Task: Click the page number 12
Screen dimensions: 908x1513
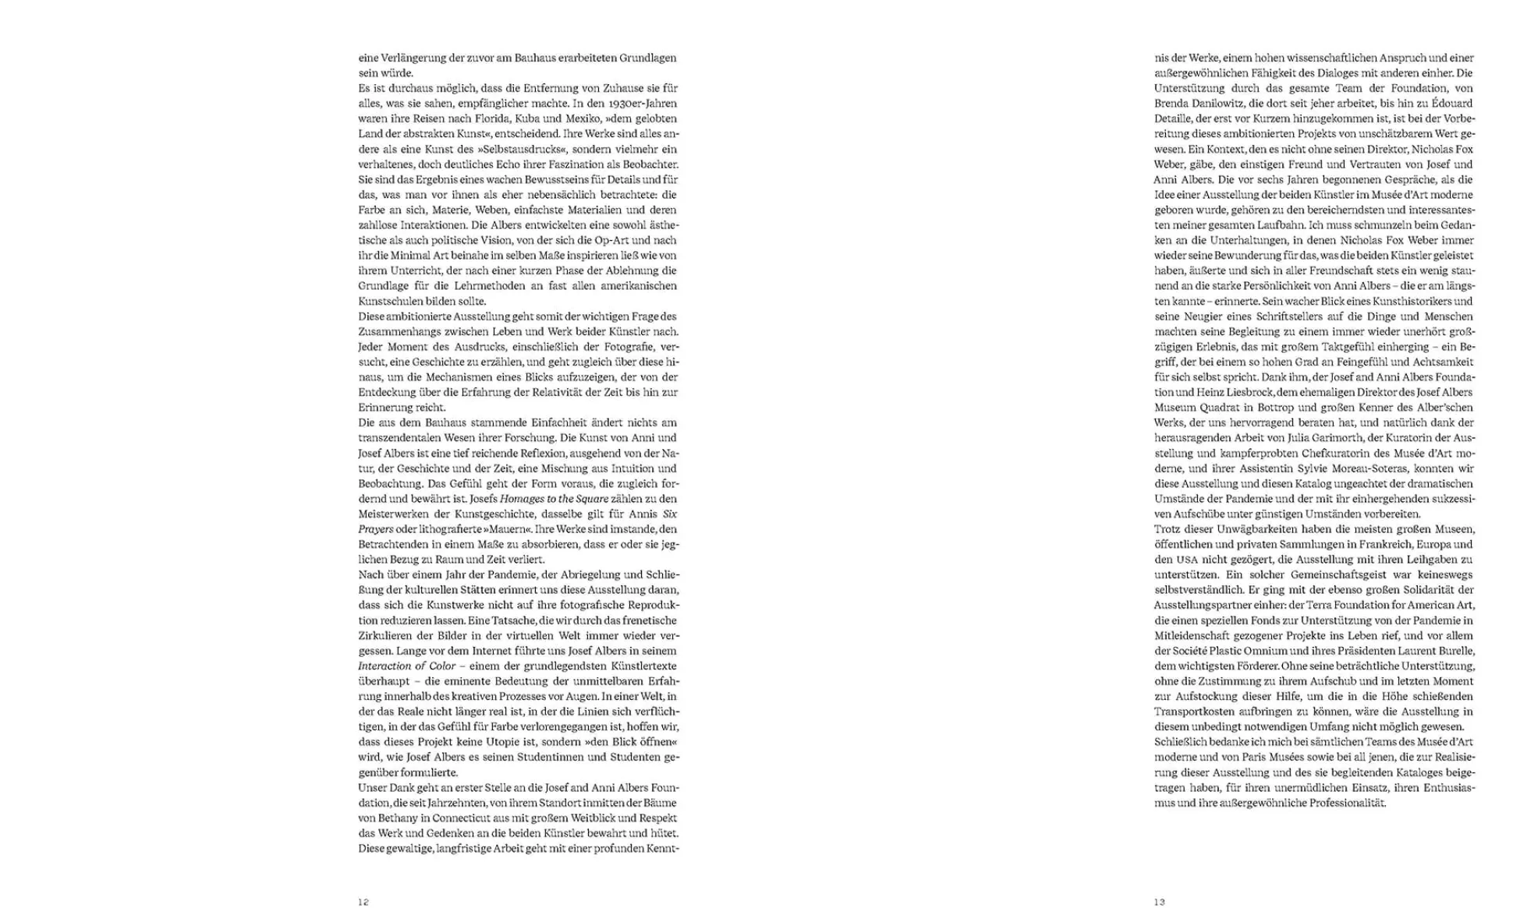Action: (x=363, y=902)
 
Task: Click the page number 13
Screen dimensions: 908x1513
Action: (x=1160, y=902)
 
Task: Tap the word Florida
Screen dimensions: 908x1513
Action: (x=491, y=118)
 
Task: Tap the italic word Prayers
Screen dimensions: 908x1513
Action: (x=376, y=529)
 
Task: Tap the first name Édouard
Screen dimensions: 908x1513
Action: (x=1452, y=104)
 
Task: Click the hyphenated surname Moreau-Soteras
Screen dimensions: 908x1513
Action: (x=1380, y=468)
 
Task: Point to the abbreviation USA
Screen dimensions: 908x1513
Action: (x=1187, y=560)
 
